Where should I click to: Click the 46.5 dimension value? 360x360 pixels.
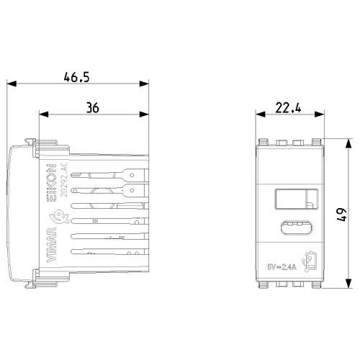[x=76, y=77]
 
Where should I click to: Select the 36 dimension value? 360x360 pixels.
[x=93, y=108]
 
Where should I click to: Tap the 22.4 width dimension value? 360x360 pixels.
[x=288, y=108]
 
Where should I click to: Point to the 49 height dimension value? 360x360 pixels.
[x=342, y=215]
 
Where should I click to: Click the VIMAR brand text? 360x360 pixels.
[x=51, y=245]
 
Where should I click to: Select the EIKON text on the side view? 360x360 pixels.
[x=51, y=182]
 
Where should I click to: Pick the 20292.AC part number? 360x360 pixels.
[x=64, y=180]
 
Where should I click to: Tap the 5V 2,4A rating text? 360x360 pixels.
[x=282, y=266]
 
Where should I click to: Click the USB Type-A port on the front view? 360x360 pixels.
[x=296, y=199]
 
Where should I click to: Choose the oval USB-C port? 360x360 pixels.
[x=296, y=228]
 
